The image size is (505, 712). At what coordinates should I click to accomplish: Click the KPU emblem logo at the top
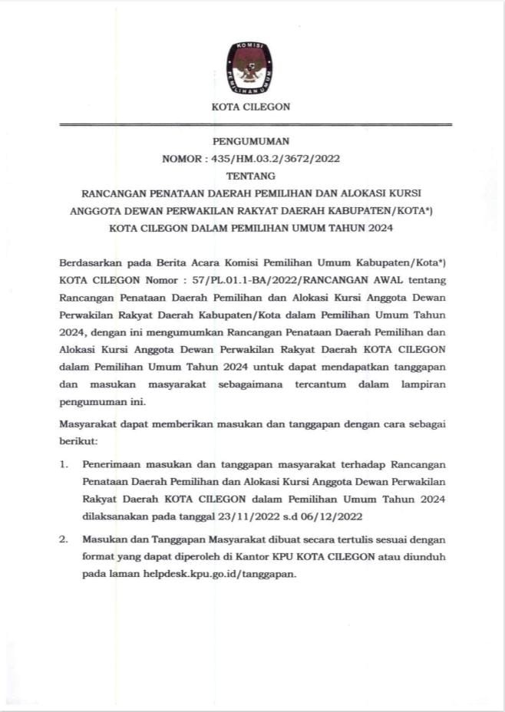click(x=249, y=68)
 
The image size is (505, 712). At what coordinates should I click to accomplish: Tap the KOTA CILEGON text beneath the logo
click(x=251, y=107)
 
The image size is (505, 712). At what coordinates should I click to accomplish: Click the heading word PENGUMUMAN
click(x=251, y=141)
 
